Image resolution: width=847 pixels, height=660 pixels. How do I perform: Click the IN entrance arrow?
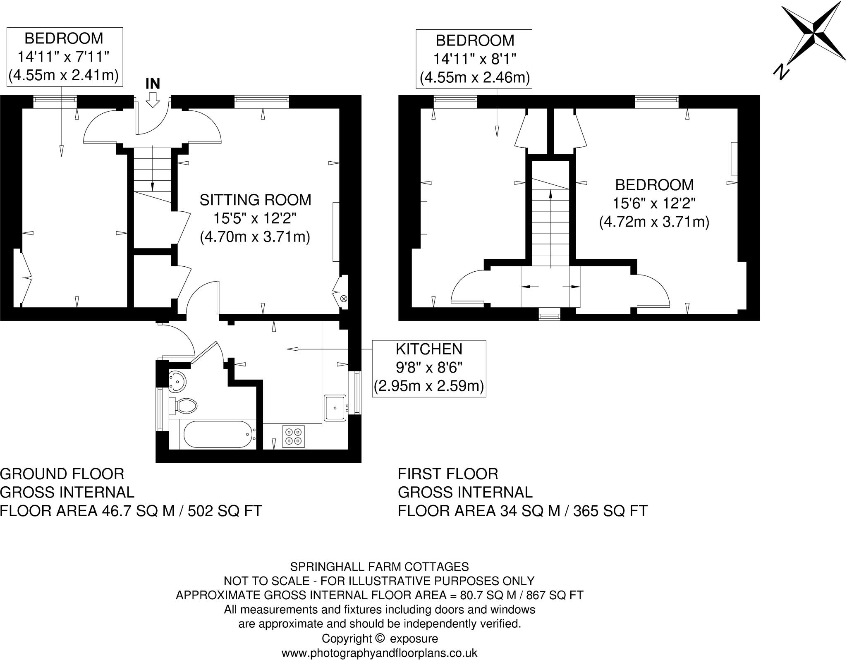click(153, 100)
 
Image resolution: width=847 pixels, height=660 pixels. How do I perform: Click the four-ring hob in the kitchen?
click(294, 437)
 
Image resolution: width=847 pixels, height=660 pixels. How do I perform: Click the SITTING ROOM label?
click(255, 200)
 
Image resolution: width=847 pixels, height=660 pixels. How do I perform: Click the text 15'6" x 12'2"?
click(654, 203)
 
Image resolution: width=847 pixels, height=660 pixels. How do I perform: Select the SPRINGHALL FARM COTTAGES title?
click(379, 567)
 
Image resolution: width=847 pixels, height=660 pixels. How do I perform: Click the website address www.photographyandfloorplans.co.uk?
click(379, 653)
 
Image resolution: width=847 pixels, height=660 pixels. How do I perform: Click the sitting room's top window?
click(261, 99)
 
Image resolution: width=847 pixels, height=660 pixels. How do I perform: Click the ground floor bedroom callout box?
click(65, 57)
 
